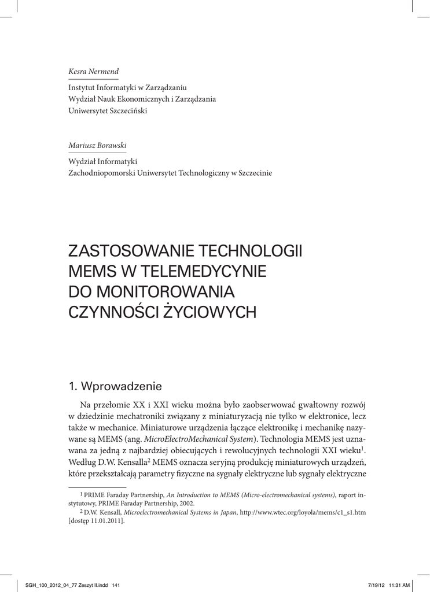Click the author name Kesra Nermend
(x=93, y=71)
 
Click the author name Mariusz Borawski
(x=97, y=146)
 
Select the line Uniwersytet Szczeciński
(x=108, y=110)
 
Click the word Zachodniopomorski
(x=101, y=173)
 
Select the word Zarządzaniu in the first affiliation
(x=167, y=87)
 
